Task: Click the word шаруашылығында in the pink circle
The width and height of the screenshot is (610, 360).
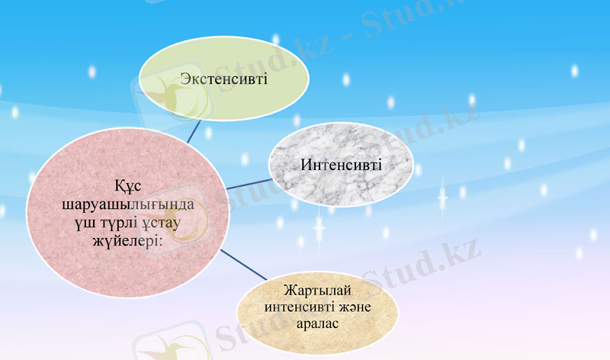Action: pos(127,206)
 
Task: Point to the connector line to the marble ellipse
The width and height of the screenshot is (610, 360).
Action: pos(248,184)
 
